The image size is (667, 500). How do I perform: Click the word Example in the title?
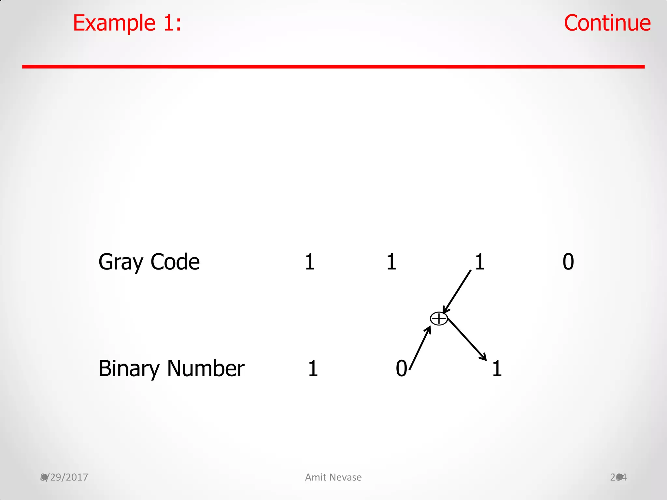(114, 23)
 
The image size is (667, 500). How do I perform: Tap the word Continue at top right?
(607, 23)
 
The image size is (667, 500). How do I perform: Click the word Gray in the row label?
(121, 262)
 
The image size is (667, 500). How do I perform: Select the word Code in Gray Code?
(175, 262)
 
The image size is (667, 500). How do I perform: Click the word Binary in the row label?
(129, 369)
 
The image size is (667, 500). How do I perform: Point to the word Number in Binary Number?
(206, 368)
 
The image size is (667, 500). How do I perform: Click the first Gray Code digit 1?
(310, 262)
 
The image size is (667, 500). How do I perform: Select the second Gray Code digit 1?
(391, 262)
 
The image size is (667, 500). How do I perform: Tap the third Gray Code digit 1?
(480, 262)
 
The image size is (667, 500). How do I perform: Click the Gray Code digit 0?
(568, 262)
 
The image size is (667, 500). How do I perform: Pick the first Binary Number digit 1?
(313, 368)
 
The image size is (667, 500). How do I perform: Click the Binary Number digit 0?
(401, 368)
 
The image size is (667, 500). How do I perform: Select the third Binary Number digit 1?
(497, 368)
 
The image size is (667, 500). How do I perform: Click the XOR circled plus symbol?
(439, 319)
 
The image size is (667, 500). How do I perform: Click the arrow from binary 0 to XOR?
(420, 348)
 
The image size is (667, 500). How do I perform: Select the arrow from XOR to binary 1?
(467, 339)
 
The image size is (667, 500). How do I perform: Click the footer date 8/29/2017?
(64, 477)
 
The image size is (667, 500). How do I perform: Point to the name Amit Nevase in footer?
(333, 477)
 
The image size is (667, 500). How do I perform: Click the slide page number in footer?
(618, 477)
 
